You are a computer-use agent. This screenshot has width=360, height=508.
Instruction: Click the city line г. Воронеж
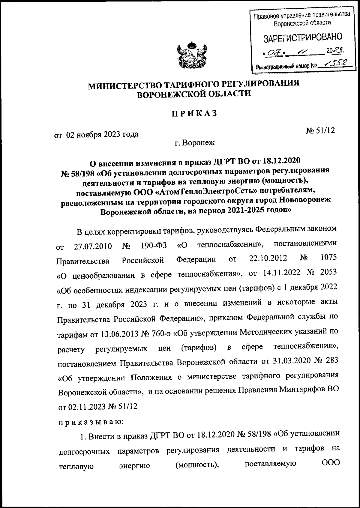(195, 143)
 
